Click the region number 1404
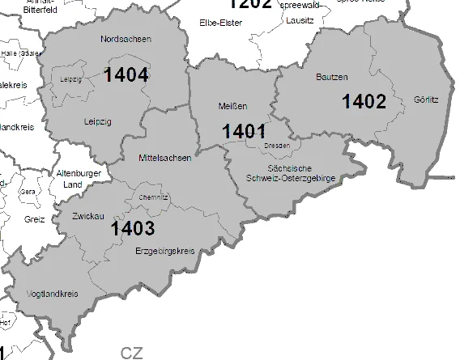pyautogui.click(x=126, y=75)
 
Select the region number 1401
pyautogui.click(x=244, y=130)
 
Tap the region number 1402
pyautogui.click(x=364, y=101)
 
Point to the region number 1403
pyautogui.click(x=133, y=228)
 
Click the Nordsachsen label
pyautogui.click(x=126, y=39)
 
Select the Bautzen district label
pyautogui.click(x=331, y=78)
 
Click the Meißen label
pyautogui.click(x=232, y=106)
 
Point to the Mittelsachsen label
pyautogui.click(x=165, y=158)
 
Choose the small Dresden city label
pyautogui.click(x=277, y=146)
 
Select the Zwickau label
pyautogui.click(x=85, y=218)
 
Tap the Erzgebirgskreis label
pyautogui.click(x=165, y=251)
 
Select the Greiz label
pyautogui.click(x=34, y=219)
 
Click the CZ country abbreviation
pyautogui.click(x=131, y=353)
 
